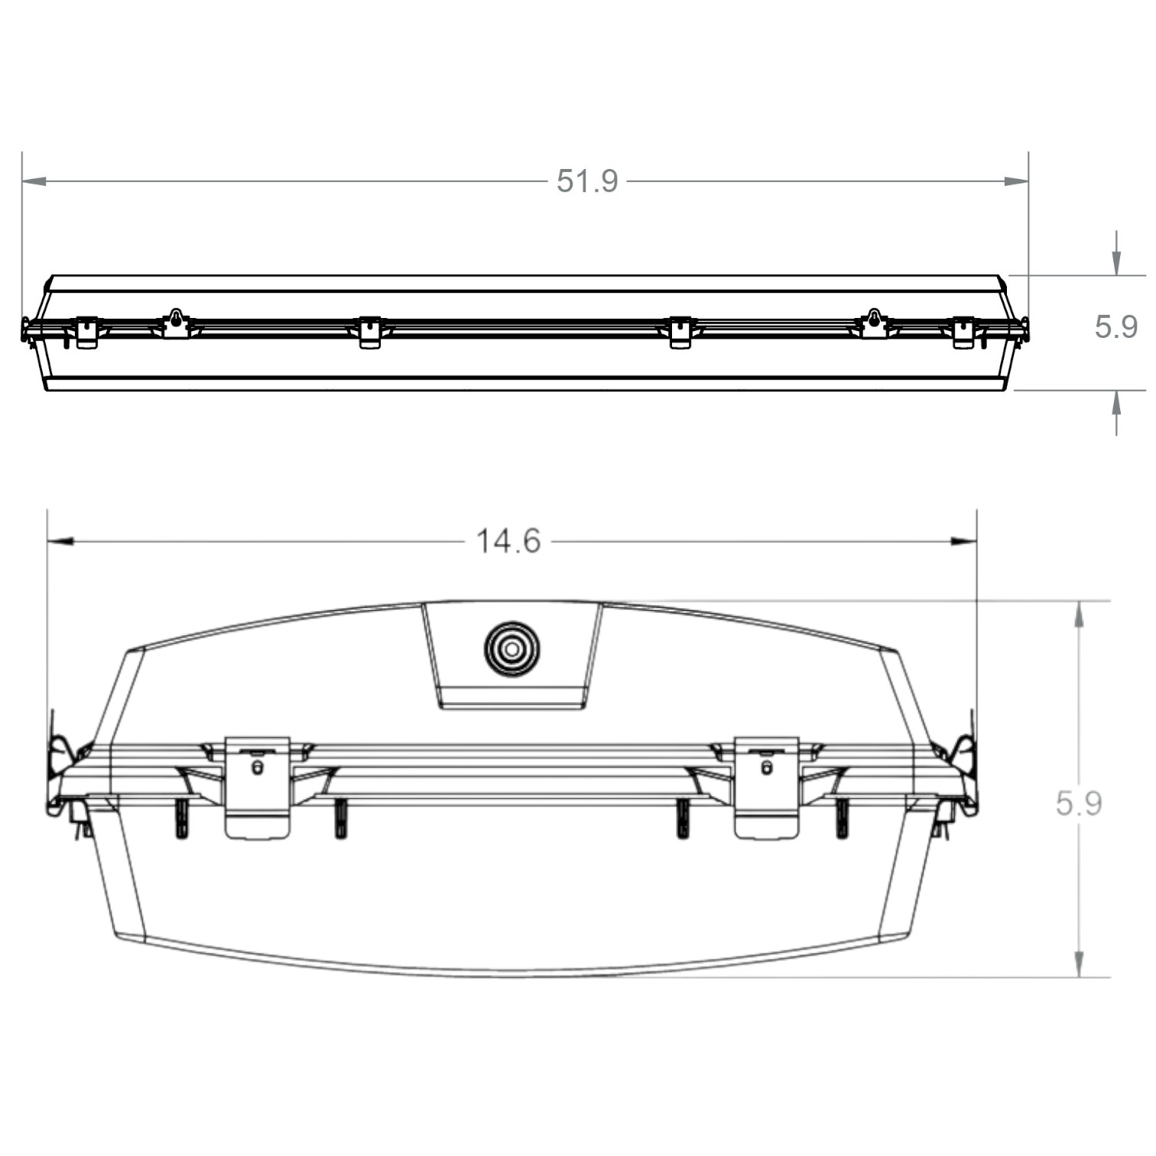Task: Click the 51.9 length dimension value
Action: pos(586,181)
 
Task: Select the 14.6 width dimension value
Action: pos(508,541)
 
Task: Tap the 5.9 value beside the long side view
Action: pos(1115,327)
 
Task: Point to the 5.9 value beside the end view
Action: pos(1078,804)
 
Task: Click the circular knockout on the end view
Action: pos(511,649)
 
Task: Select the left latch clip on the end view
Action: pos(258,787)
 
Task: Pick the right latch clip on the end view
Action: pos(766,787)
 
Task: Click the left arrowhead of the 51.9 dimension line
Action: pos(34,181)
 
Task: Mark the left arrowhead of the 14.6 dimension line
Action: pos(60,541)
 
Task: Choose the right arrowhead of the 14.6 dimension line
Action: pos(964,541)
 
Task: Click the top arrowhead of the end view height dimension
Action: pos(1079,615)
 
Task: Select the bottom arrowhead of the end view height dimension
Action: pos(1079,963)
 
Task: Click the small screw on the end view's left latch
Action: pos(257,767)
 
